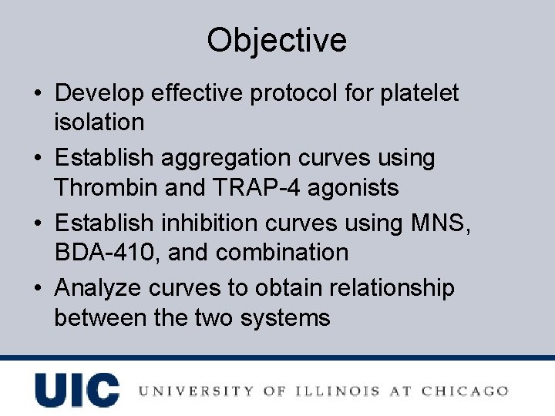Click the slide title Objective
pyautogui.click(x=277, y=40)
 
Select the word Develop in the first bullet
pyautogui.click(x=101, y=93)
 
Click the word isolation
pyautogui.click(x=99, y=122)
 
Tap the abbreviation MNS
pyautogui.click(x=448, y=223)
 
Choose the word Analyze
pyautogui.click(x=98, y=289)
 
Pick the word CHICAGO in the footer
pyautogui.click(x=463, y=391)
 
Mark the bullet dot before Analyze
pyautogui.click(x=38, y=289)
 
